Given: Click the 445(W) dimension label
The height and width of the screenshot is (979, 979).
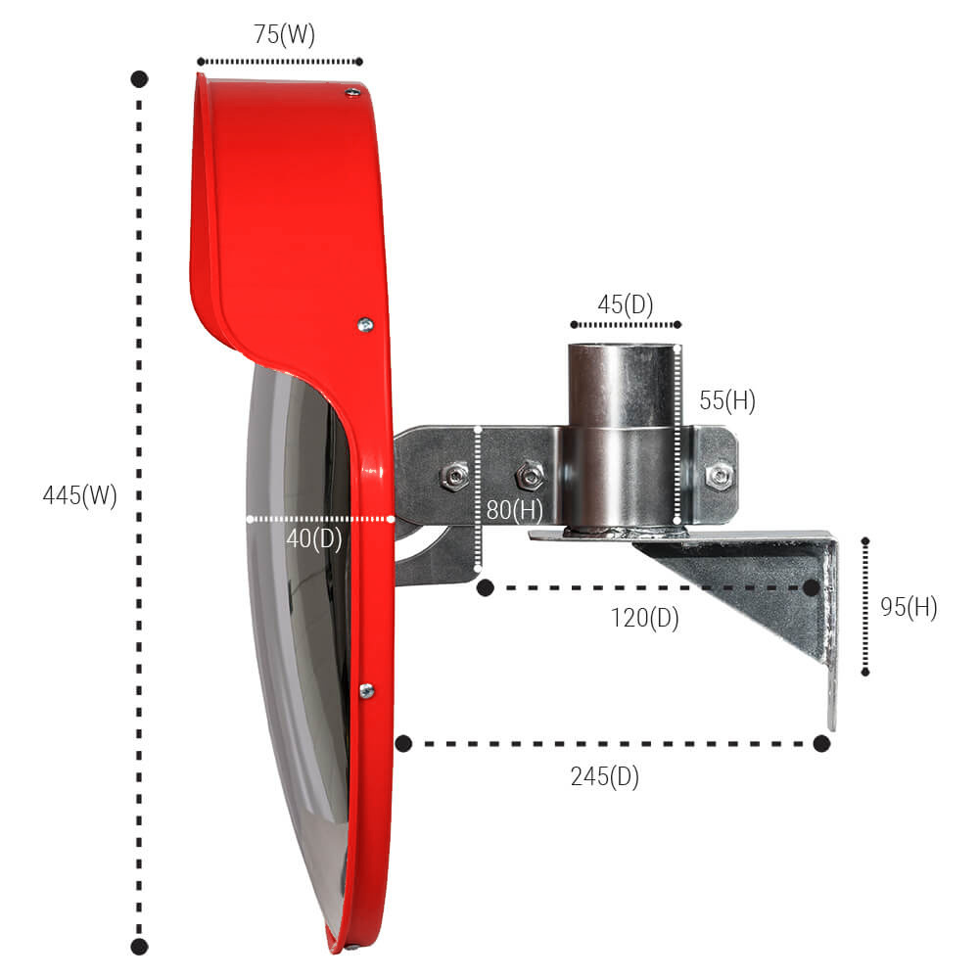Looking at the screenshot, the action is (80, 495).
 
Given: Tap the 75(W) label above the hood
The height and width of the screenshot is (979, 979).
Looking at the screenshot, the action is (284, 34).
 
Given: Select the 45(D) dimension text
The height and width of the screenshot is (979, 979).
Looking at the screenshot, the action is (625, 304).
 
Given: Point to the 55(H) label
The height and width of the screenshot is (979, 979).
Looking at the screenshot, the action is (727, 400).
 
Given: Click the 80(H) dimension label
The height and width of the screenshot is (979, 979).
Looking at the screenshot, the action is (515, 510).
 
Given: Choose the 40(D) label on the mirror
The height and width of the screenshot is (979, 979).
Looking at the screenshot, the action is (314, 538).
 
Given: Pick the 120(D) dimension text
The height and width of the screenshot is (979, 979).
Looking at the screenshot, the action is (645, 618).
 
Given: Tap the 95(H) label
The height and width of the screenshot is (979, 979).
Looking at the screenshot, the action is (909, 607).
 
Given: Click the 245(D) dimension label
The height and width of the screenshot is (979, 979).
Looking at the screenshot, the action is (604, 776).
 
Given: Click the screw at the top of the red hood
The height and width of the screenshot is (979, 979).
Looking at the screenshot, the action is (352, 92).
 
